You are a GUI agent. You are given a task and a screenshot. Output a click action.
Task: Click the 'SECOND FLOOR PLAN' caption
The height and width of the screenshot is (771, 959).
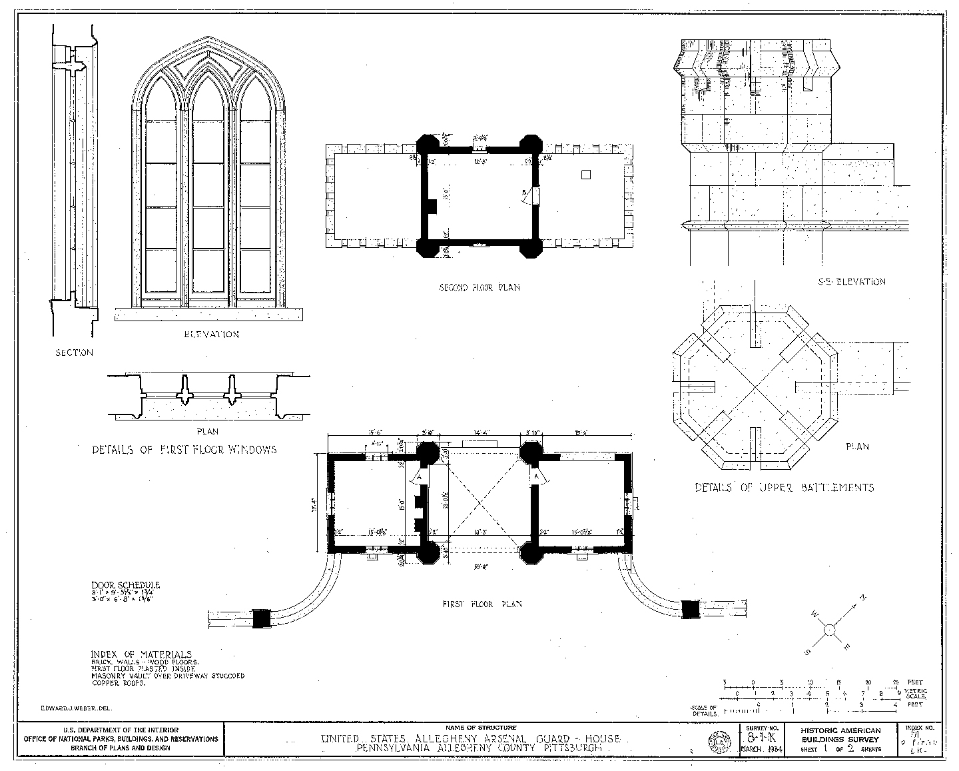pos(479,288)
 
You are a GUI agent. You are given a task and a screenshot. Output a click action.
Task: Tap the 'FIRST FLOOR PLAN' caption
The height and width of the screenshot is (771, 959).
pos(482,604)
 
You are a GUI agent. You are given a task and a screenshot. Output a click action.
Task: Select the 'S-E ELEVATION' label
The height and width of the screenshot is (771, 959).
pos(851,282)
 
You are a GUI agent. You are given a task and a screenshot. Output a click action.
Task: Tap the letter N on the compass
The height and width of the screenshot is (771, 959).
pos(864,597)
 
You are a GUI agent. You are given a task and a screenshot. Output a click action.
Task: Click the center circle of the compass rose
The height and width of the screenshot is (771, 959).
pos(830,628)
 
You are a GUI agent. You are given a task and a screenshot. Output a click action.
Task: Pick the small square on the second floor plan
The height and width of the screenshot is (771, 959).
pos(585,175)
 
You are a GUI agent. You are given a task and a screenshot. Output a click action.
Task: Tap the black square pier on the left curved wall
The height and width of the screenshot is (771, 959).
pos(262,618)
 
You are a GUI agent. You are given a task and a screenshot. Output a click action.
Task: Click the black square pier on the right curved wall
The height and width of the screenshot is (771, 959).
pos(691,609)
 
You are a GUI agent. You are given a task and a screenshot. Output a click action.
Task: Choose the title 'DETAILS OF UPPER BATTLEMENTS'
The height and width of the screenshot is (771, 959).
pos(784,488)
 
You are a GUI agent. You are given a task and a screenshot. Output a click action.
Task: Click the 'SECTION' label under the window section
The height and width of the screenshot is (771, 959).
pos(74,353)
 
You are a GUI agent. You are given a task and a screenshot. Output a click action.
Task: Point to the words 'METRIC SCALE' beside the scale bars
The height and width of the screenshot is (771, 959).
pos(916,693)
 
